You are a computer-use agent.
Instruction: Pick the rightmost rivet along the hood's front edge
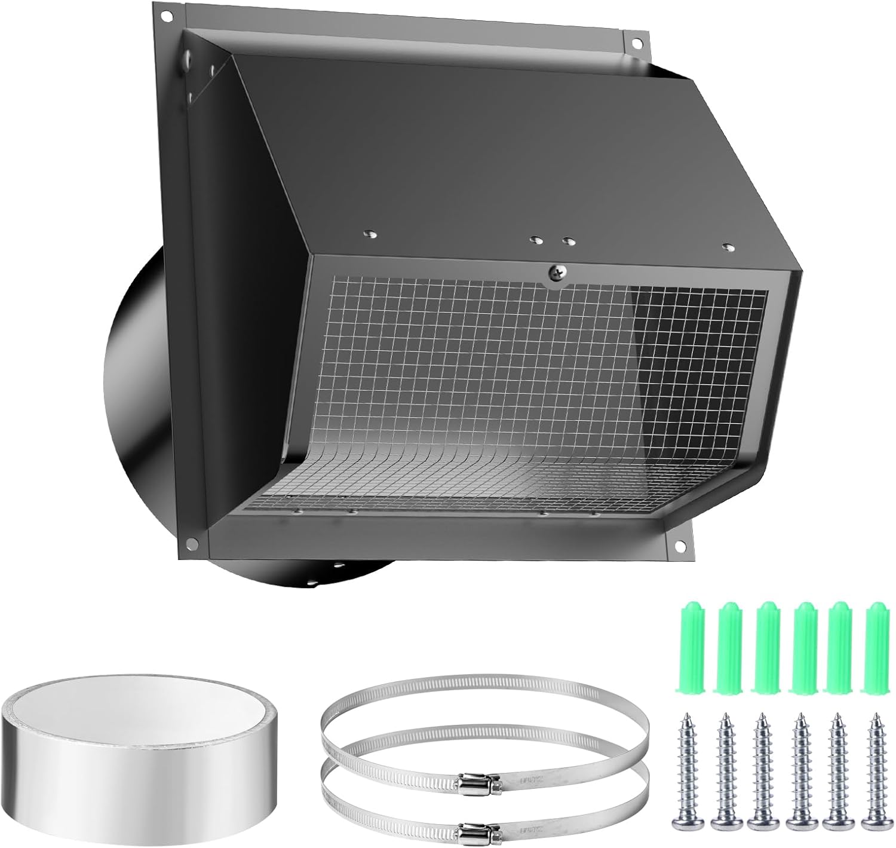click(727, 246)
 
